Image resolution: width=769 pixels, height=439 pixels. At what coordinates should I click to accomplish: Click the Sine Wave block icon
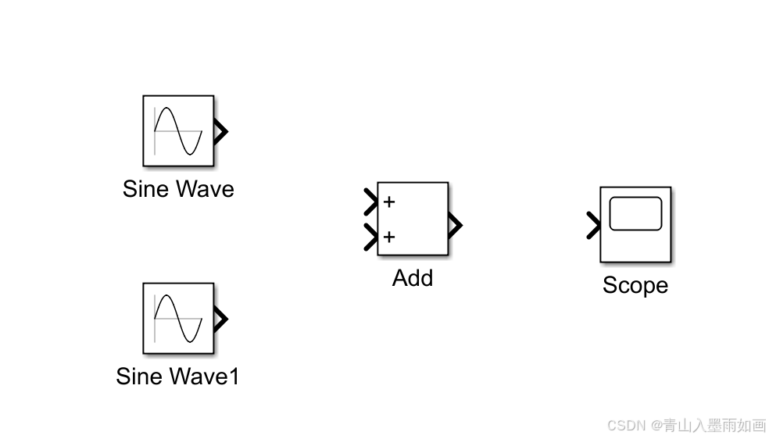click(178, 130)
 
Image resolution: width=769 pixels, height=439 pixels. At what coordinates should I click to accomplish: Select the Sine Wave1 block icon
click(178, 318)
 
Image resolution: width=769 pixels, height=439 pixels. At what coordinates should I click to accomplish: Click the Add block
click(413, 219)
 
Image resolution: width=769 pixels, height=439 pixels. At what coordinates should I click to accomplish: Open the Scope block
click(635, 224)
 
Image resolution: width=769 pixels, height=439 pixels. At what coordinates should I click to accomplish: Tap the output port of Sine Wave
click(220, 131)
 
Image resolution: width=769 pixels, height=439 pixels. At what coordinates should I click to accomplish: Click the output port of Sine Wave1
click(220, 319)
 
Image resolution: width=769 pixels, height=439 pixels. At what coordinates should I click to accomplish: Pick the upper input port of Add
click(370, 202)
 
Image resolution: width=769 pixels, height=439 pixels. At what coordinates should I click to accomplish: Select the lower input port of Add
click(370, 237)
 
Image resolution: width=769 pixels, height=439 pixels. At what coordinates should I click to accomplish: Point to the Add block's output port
click(455, 226)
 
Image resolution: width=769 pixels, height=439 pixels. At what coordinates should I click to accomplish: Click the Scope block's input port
click(593, 227)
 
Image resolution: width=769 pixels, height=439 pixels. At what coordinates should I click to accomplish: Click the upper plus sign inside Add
click(389, 202)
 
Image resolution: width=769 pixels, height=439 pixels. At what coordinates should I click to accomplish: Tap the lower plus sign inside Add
click(389, 237)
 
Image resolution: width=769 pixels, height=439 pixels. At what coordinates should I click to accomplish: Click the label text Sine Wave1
click(177, 377)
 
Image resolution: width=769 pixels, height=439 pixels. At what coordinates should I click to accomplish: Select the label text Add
click(413, 278)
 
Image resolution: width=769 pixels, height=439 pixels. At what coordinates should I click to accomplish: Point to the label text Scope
click(635, 285)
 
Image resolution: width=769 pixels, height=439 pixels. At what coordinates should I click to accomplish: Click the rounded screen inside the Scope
click(635, 214)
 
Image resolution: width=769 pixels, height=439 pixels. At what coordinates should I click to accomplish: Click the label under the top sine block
click(178, 189)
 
